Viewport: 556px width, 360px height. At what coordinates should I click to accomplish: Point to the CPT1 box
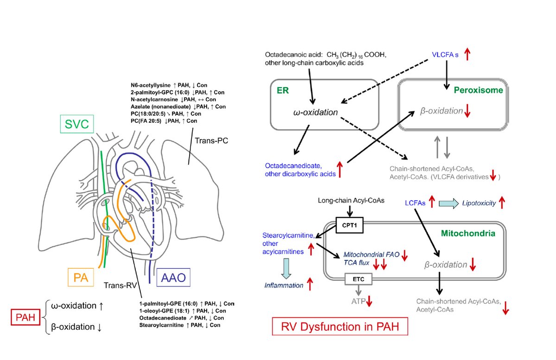pos(349,225)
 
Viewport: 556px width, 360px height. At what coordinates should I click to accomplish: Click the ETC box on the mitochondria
pos(359,279)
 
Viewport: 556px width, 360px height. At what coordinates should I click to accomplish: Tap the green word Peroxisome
pos(478,90)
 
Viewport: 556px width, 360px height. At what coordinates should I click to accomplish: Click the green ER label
pos(283,90)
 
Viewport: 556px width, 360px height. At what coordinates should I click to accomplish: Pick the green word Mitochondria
pos(468,234)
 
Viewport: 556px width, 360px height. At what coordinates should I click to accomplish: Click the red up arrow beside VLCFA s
pos(468,54)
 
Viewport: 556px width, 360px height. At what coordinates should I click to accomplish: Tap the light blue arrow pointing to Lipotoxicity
pos(449,203)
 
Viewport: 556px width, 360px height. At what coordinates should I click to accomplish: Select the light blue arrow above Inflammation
pos(286,269)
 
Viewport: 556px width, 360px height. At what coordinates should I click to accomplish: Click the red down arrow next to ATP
pos(369,301)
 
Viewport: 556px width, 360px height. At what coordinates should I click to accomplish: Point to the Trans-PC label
pos(211,140)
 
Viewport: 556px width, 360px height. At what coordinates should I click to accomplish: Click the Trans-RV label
pos(120,285)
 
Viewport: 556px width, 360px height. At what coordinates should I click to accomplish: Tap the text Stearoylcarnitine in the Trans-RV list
pos(161,325)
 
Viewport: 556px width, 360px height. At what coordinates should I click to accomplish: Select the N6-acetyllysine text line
pos(169,85)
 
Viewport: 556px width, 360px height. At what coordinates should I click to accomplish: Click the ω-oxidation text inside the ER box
pos(316,113)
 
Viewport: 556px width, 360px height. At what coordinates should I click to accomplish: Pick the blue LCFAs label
pos(415,203)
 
